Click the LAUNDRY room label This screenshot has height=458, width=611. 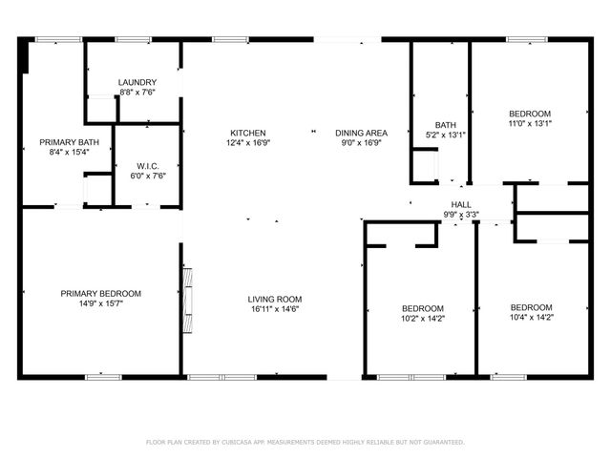pyautogui.click(x=137, y=83)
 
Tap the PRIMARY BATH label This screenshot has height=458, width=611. pyautogui.click(x=69, y=142)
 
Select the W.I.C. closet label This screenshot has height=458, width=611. pyautogui.click(x=147, y=166)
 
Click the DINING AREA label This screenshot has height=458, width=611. pyautogui.click(x=360, y=133)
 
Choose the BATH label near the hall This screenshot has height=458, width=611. pyautogui.click(x=445, y=125)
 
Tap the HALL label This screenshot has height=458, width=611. pyautogui.click(x=461, y=205)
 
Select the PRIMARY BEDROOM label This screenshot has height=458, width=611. pyautogui.click(x=101, y=293)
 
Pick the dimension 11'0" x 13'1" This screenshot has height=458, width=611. pyautogui.click(x=529, y=122)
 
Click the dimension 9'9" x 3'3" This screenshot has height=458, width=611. pyautogui.click(x=461, y=215)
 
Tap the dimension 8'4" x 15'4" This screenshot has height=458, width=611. pyautogui.click(x=69, y=152)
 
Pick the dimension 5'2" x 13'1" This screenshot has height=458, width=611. pyautogui.click(x=445, y=135)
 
